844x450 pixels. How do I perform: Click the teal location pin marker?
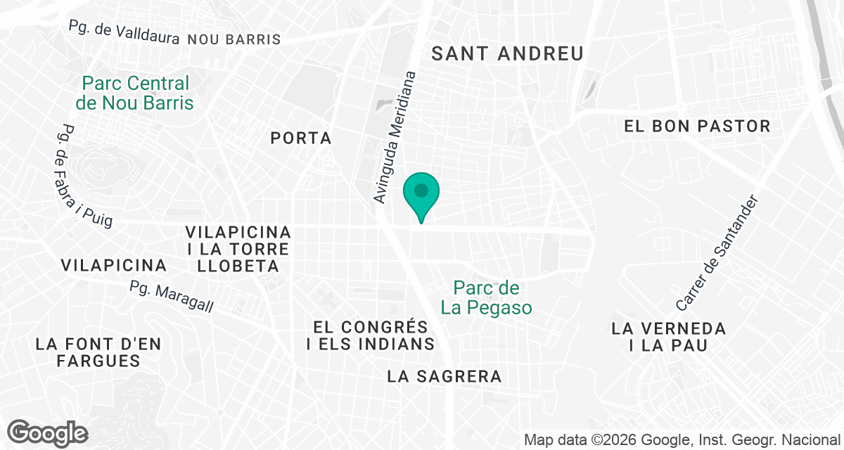pyautogui.click(x=421, y=193)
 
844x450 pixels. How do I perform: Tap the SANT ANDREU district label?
pyautogui.click(x=507, y=53)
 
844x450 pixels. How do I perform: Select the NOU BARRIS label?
pyautogui.click(x=234, y=39)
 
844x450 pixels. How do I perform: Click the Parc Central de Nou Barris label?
pyautogui.click(x=134, y=93)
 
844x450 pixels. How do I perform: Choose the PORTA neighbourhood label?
pyautogui.click(x=301, y=139)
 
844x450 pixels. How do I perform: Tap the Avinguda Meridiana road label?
pyautogui.click(x=395, y=137)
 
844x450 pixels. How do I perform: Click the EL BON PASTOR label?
pyautogui.click(x=698, y=127)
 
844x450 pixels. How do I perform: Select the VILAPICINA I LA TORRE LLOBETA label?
pyautogui.click(x=238, y=249)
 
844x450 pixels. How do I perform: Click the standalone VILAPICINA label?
pyautogui.click(x=114, y=265)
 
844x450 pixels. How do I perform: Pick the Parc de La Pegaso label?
pyautogui.click(x=486, y=297)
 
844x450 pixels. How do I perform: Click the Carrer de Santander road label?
pyautogui.click(x=718, y=253)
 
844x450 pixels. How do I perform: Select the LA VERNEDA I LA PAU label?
pyautogui.click(x=668, y=337)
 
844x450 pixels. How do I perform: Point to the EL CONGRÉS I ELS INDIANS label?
pyautogui.click(x=371, y=335)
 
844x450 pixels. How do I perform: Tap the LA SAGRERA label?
pyautogui.click(x=445, y=377)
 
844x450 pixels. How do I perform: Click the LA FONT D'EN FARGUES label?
pyautogui.click(x=98, y=352)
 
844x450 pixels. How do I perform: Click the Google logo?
pyautogui.click(x=48, y=432)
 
